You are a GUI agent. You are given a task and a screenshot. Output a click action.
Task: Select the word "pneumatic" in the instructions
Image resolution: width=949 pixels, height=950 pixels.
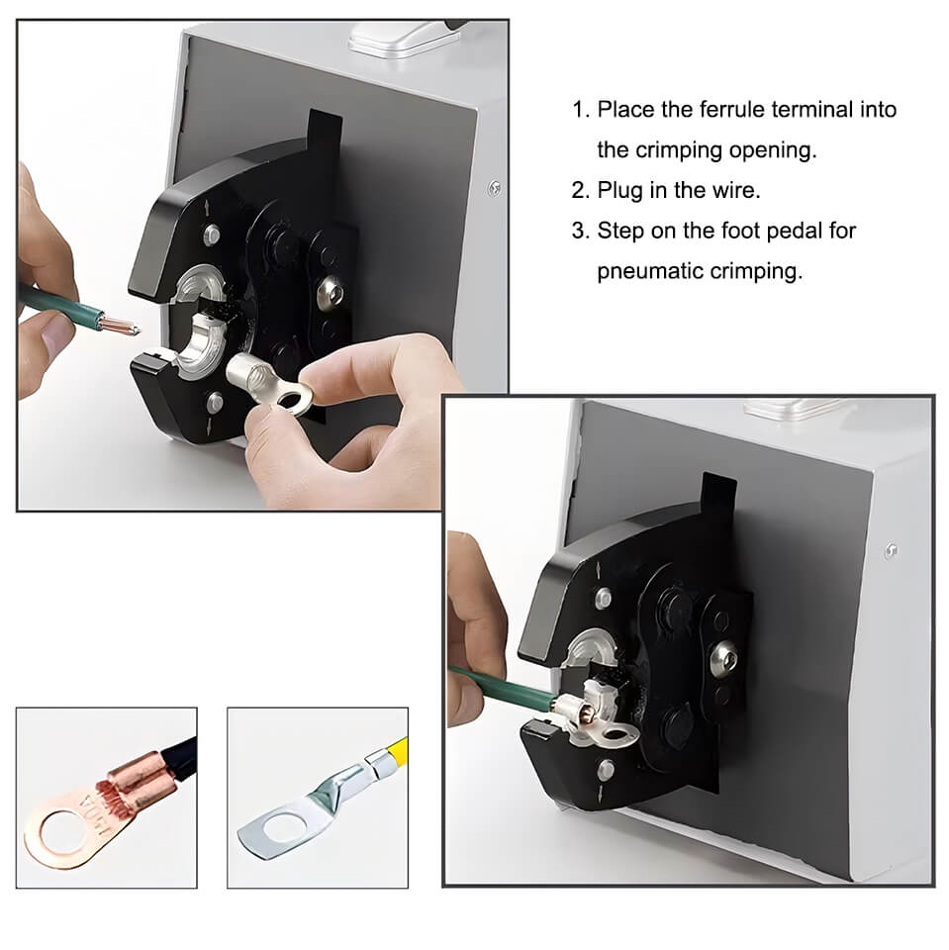(x=649, y=271)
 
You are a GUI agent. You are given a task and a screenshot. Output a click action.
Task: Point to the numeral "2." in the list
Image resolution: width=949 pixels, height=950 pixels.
(x=580, y=191)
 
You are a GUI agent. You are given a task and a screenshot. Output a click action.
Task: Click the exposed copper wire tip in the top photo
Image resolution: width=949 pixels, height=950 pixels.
(x=120, y=326)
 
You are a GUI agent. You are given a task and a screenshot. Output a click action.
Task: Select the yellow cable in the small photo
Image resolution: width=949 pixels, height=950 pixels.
(x=392, y=756)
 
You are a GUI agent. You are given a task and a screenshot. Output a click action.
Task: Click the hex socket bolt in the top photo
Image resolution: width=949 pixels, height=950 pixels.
(x=332, y=292)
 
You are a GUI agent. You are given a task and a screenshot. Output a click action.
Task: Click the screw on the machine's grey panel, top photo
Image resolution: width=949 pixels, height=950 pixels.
(x=495, y=189)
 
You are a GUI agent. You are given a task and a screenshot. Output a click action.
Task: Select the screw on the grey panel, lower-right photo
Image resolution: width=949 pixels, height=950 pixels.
(x=891, y=551)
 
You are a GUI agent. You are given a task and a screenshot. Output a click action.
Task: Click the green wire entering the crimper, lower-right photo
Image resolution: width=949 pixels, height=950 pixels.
(x=503, y=687)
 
